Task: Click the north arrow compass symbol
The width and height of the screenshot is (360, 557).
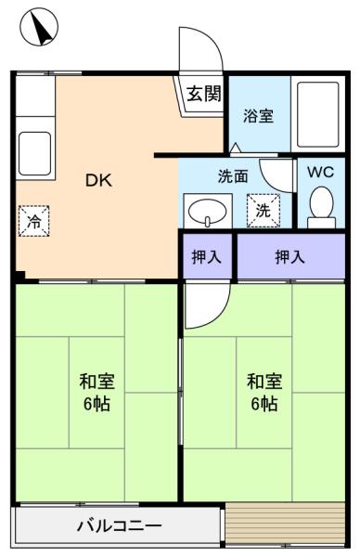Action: click(x=39, y=27)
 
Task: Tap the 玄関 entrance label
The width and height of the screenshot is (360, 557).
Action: click(x=204, y=94)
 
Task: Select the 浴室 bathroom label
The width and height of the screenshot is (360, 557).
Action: click(x=259, y=116)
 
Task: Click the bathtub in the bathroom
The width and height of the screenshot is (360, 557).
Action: click(x=317, y=114)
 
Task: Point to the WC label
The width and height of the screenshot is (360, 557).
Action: click(x=321, y=172)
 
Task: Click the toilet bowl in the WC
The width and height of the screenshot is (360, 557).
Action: click(x=321, y=207)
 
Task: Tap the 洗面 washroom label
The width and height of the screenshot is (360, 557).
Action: click(x=233, y=176)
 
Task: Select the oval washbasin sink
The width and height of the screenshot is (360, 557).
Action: click(x=207, y=213)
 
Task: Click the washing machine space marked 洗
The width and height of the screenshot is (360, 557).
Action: click(x=264, y=211)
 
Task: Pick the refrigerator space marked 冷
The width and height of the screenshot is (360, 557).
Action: click(x=34, y=221)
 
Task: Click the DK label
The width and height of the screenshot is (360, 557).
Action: click(x=98, y=180)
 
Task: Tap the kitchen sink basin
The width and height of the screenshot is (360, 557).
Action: click(x=34, y=153)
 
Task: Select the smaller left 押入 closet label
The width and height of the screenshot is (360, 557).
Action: click(x=207, y=256)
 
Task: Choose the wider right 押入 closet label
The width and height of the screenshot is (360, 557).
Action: click(x=290, y=256)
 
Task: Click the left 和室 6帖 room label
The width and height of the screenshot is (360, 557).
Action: click(x=96, y=392)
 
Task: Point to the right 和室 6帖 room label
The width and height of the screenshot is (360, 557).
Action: click(x=264, y=392)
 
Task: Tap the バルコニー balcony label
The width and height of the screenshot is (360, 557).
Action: click(x=120, y=525)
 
